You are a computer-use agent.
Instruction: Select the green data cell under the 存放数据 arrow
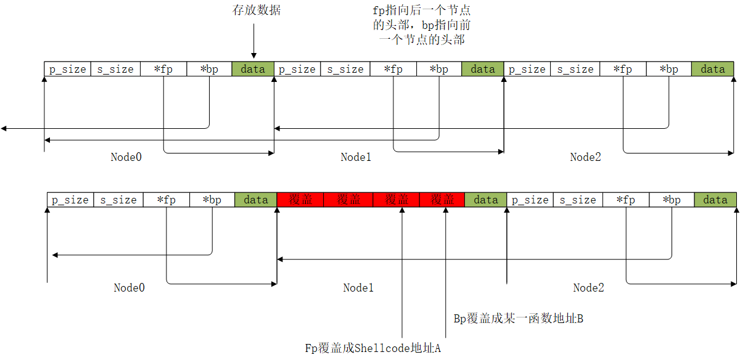point(253,69)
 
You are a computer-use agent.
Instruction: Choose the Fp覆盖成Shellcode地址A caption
point(374,348)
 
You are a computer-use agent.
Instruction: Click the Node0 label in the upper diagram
point(126,157)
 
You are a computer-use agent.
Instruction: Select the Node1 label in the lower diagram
point(358,288)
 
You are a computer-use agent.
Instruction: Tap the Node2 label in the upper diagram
point(585,157)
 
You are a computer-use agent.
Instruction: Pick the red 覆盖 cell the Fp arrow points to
point(397,200)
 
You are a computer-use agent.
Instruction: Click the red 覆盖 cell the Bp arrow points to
point(442,200)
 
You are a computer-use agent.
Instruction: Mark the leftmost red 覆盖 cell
point(300,200)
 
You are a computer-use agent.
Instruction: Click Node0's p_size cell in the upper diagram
point(68,69)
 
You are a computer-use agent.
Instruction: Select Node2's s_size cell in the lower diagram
point(577,200)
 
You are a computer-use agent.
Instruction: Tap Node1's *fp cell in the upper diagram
point(393,69)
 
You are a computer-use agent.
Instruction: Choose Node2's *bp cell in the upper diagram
point(668,69)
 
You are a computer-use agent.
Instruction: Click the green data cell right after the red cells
point(486,200)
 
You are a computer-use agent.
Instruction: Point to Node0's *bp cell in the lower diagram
point(212,200)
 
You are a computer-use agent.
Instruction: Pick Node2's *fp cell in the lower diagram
point(626,200)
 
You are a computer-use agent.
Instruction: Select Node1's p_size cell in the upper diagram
point(297,69)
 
